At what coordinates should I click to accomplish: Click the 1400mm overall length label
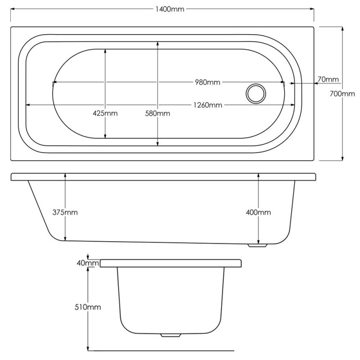(170, 9)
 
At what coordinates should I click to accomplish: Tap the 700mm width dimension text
(342, 94)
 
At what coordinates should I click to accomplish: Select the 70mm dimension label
(328, 80)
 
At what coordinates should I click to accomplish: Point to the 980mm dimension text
(207, 82)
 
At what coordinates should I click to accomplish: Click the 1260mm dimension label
(208, 105)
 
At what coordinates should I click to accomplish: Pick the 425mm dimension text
(105, 113)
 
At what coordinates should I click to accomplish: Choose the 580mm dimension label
(157, 113)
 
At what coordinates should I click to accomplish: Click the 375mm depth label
(65, 212)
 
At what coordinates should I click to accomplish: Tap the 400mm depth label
(258, 212)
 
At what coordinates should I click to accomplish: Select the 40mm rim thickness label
(88, 263)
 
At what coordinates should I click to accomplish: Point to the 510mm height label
(88, 307)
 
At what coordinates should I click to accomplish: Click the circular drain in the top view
(256, 94)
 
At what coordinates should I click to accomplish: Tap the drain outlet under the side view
(257, 245)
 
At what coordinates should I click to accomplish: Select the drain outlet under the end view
(171, 335)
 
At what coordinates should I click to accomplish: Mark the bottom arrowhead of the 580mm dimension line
(157, 144)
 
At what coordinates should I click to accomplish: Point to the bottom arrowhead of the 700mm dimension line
(342, 158)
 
